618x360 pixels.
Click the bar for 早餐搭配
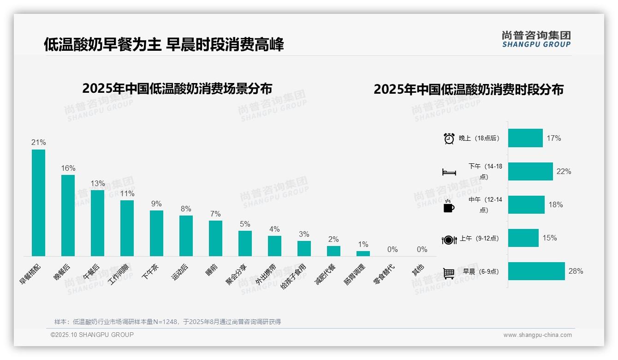[x=38, y=203]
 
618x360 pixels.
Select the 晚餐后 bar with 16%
[x=68, y=215]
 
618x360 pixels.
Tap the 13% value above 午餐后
[x=97, y=183]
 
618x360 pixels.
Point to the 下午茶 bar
[x=156, y=233]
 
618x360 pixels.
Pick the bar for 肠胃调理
[x=363, y=253]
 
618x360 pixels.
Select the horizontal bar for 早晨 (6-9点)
[x=536, y=271]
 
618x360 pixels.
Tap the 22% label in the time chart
[x=564, y=172]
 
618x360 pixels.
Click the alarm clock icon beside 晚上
[x=449, y=138]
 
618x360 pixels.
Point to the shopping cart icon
[x=449, y=273]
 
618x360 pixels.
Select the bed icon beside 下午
[x=449, y=172]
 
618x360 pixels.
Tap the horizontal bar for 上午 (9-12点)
[x=523, y=238]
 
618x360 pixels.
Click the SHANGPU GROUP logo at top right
[x=536, y=39]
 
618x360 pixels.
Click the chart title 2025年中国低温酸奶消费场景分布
[x=177, y=89]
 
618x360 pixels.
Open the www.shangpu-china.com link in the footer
[x=537, y=335]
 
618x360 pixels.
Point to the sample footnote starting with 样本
[x=167, y=322]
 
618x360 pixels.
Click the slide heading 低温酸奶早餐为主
[x=102, y=44]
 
